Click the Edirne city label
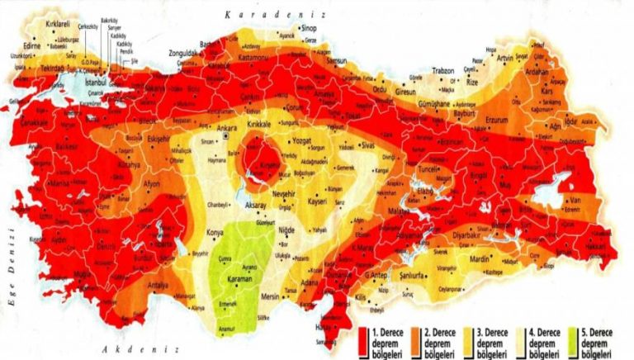pyautogui.click(x=32, y=46)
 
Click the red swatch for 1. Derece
pyautogui.click(x=364, y=337)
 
